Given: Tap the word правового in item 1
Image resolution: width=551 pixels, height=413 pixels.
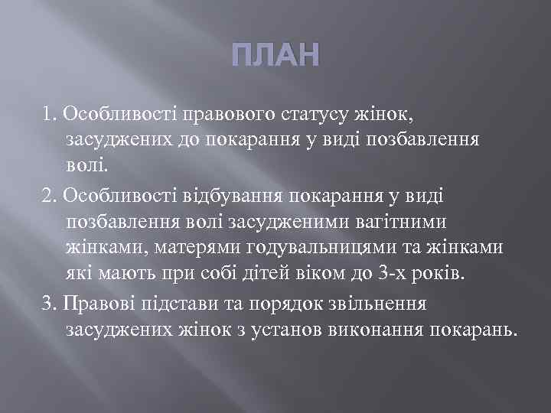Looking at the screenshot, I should point(227,114).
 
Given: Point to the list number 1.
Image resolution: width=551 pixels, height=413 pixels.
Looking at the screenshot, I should point(49,114).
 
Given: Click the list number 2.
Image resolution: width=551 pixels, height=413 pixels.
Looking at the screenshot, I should point(49,197).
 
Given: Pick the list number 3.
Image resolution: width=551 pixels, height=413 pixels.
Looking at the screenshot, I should point(49,303).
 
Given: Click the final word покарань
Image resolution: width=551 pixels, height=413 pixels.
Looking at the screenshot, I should point(475,330).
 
